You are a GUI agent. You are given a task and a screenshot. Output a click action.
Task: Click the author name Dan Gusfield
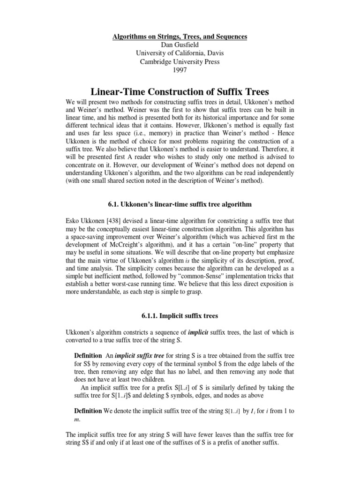point(180,45)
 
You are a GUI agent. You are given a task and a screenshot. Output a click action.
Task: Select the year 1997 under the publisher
point(180,70)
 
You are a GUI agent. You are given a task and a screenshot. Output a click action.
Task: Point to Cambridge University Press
point(180,62)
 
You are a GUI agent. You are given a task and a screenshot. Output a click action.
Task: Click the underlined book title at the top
point(180,37)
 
